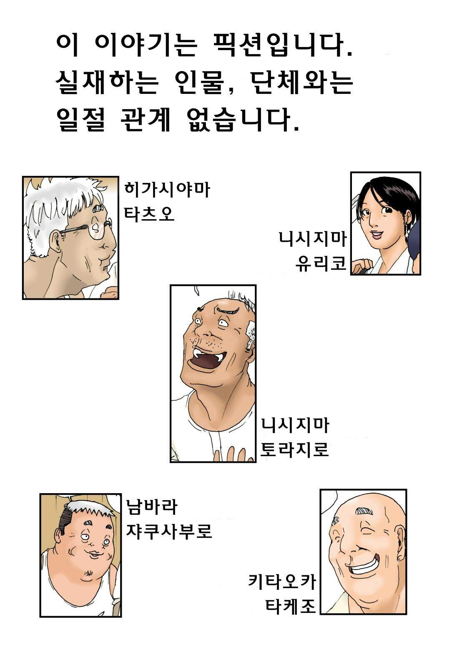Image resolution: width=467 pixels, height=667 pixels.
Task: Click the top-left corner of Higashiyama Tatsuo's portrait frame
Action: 23,176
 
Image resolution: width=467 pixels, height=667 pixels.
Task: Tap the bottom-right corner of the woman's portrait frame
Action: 421,275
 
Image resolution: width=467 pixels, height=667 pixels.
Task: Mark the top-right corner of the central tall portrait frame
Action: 256,285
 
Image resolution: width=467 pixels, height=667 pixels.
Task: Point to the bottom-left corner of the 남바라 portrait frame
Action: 40,617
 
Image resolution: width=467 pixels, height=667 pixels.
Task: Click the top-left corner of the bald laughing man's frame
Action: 320,489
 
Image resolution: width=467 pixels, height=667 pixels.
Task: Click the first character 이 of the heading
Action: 67,46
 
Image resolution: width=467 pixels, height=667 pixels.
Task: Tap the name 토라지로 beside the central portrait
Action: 294,449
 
